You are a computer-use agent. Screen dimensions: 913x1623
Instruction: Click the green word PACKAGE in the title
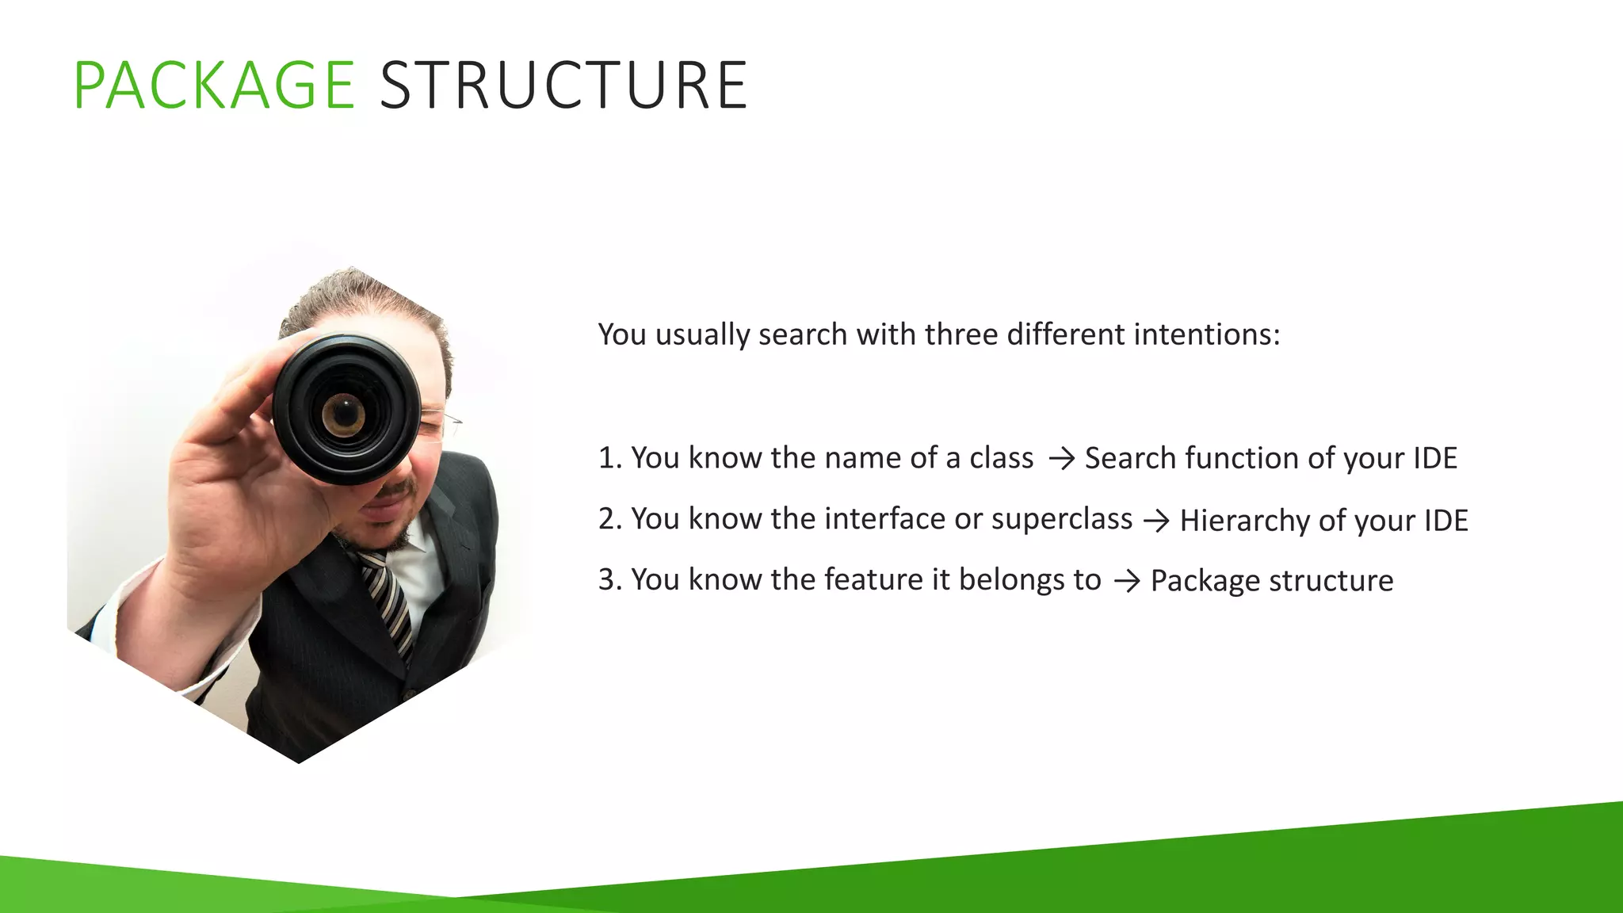214,86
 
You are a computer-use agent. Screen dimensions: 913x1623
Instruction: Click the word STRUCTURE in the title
563,86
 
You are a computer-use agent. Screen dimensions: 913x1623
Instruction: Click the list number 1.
607,458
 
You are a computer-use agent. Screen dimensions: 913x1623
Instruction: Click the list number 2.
608,519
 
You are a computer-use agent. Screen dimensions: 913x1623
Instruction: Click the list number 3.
608,580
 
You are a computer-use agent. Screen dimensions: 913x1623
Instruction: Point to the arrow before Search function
1061,459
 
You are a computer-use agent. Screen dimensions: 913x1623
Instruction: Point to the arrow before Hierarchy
1156,521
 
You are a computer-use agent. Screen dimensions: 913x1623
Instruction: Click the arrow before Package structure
1127,581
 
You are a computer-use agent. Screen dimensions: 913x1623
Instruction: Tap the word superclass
1061,519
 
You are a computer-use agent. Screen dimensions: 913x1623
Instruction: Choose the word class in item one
1001,458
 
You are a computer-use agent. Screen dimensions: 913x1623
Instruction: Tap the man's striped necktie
388,602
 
